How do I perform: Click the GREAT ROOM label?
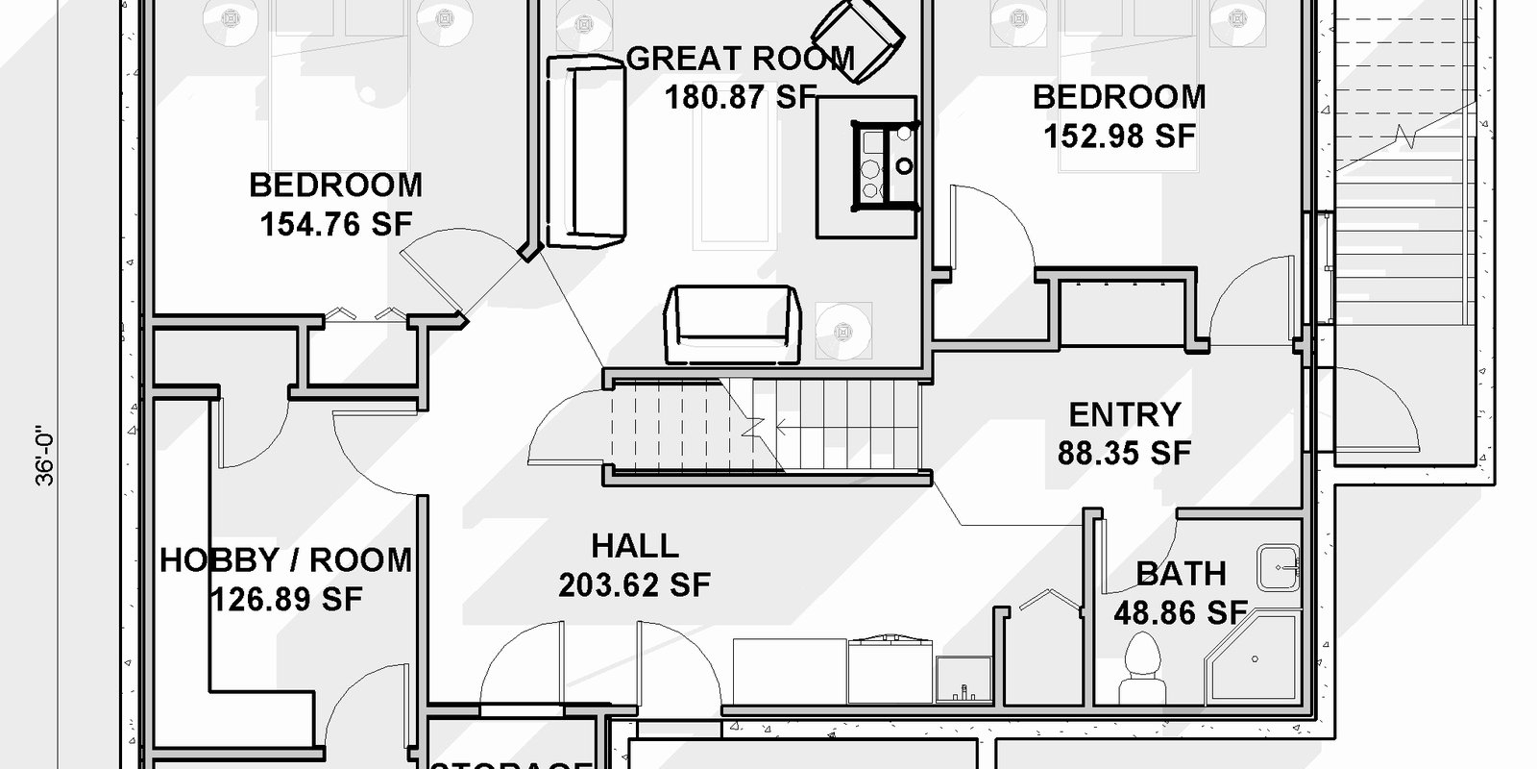[x=740, y=59]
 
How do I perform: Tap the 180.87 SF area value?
[x=740, y=97]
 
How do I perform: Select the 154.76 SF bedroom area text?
[x=336, y=225]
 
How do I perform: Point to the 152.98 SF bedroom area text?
[x=1119, y=136]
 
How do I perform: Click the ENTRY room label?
[x=1124, y=415]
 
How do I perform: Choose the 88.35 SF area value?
[x=1124, y=453]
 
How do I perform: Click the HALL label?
[x=634, y=547]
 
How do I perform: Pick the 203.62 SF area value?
[x=634, y=584]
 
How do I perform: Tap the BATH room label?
[x=1181, y=574]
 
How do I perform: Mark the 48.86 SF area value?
[x=1180, y=612]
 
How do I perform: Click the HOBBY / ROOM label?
[x=285, y=560]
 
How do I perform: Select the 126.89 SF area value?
[x=285, y=600]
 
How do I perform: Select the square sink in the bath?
[x=1279, y=567]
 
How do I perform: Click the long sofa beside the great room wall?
[x=586, y=151]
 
